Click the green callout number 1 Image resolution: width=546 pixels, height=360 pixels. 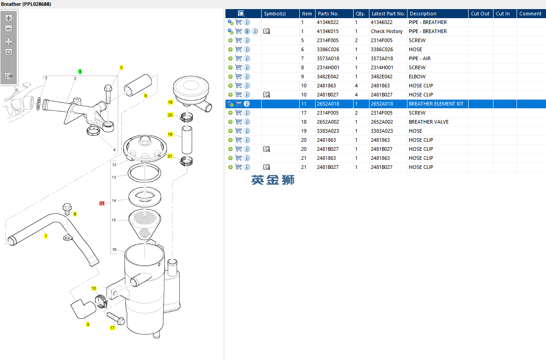click(x=80, y=72)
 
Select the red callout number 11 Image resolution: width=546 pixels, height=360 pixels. click(x=102, y=203)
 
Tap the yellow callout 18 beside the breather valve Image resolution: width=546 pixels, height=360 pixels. click(x=170, y=102)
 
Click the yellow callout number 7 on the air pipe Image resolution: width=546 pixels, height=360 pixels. click(x=46, y=236)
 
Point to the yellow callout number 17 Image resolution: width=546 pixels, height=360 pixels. click(x=112, y=327)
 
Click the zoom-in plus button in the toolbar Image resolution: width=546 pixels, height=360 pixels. click(x=9, y=18)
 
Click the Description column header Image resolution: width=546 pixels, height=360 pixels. click(x=423, y=14)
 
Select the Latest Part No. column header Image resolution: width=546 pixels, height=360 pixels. click(x=388, y=14)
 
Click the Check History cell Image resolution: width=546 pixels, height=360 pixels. click(x=387, y=31)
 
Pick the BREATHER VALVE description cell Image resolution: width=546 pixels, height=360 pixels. click(x=428, y=122)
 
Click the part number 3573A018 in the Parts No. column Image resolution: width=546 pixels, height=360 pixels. click(x=328, y=58)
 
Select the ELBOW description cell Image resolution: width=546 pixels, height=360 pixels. click(x=417, y=77)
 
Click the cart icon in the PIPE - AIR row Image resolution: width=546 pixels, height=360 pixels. click(x=239, y=58)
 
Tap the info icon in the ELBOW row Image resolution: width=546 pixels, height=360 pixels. click(x=247, y=77)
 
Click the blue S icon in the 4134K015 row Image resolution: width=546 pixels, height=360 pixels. click(x=247, y=31)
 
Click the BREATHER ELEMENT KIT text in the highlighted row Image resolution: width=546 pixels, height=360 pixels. click(x=436, y=104)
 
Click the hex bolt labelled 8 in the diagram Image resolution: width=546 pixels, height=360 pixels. click(x=67, y=209)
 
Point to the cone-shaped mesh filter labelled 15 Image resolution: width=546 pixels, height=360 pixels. click(x=144, y=224)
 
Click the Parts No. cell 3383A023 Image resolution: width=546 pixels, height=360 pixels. click(x=328, y=131)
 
